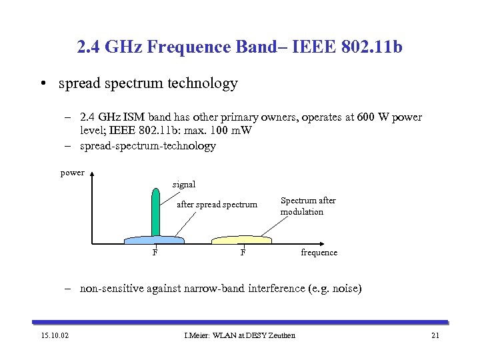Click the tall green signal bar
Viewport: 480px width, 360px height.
(x=155, y=213)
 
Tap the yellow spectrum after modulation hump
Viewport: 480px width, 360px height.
(x=241, y=239)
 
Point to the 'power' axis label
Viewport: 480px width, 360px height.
(x=72, y=173)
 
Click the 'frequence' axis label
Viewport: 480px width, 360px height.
(x=319, y=253)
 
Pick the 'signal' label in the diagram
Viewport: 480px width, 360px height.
(x=184, y=184)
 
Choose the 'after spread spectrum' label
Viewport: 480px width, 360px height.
(x=217, y=205)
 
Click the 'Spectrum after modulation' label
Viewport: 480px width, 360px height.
(x=308, y=206)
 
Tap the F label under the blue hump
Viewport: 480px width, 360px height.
(x=155, y=253)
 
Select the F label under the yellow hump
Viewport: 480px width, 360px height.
(x=243, y=253)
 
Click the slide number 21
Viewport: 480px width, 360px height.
(x=435, y=335)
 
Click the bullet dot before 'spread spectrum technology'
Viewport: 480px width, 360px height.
(x=42, y=84)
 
